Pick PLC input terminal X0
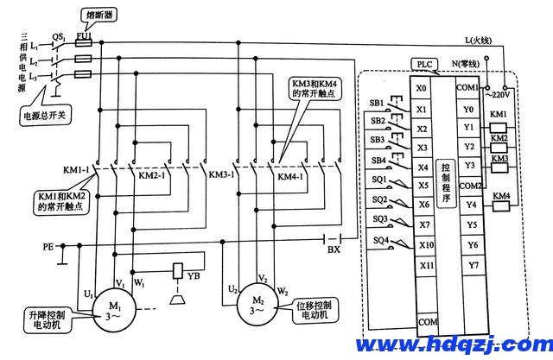[x=421, y=89]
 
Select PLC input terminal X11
[x=422, y=264]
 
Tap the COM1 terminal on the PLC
[x=468, y=89]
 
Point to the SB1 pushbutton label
[x=378, y=103]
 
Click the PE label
[x=49, y=246]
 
